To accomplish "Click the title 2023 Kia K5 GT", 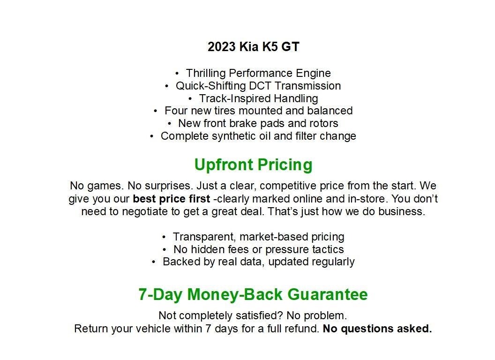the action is click(253, 47).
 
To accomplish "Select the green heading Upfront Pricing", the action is click(253, 165).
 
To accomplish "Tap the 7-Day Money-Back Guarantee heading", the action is click(253, 294).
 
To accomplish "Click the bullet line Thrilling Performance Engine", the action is click(258, 73).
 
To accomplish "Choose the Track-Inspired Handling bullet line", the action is click(258, 98).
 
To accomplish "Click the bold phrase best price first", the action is click(172, 199).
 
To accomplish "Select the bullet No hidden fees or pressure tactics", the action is click(259, 249).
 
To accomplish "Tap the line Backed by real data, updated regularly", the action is click(259, 262).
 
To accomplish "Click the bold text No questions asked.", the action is click(377, 329).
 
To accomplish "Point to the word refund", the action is click(303, 329).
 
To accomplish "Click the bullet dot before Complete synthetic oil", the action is click(152, 136).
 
